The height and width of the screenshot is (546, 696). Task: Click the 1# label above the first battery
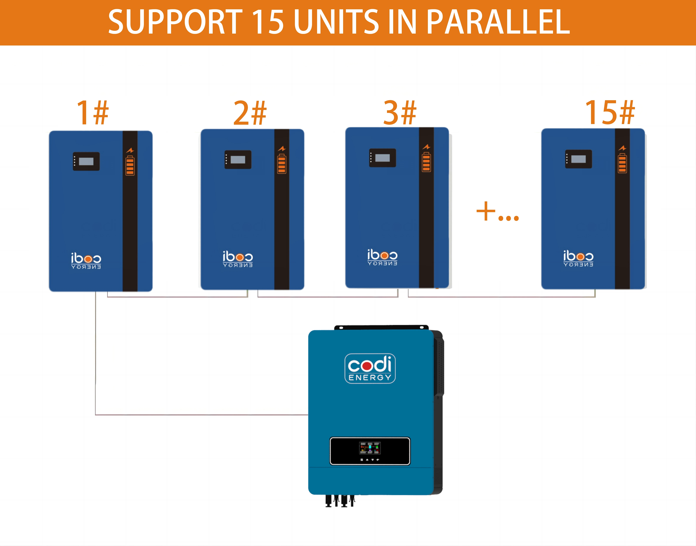(93, 113)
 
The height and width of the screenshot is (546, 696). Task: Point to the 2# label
(250, 113)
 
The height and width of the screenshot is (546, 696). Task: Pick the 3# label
(400, 113)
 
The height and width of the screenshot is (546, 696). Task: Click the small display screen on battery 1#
(86, 161)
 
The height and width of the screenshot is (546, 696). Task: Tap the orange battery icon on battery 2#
(281, 164)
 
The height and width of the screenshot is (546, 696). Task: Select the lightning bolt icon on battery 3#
(426, 147)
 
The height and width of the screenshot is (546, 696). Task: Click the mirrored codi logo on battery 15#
(578, 258)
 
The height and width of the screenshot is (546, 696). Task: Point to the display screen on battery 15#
(578, 159)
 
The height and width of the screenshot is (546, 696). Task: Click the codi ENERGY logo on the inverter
(370, 368)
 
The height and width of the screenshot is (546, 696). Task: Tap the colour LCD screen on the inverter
(370, 448)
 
